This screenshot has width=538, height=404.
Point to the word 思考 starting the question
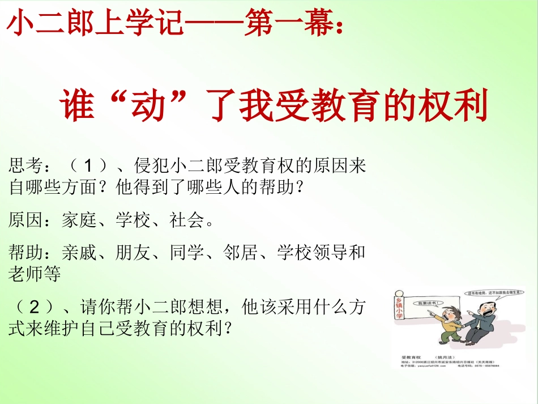[27, 166]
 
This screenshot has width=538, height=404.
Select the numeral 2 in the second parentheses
[33, 308]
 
